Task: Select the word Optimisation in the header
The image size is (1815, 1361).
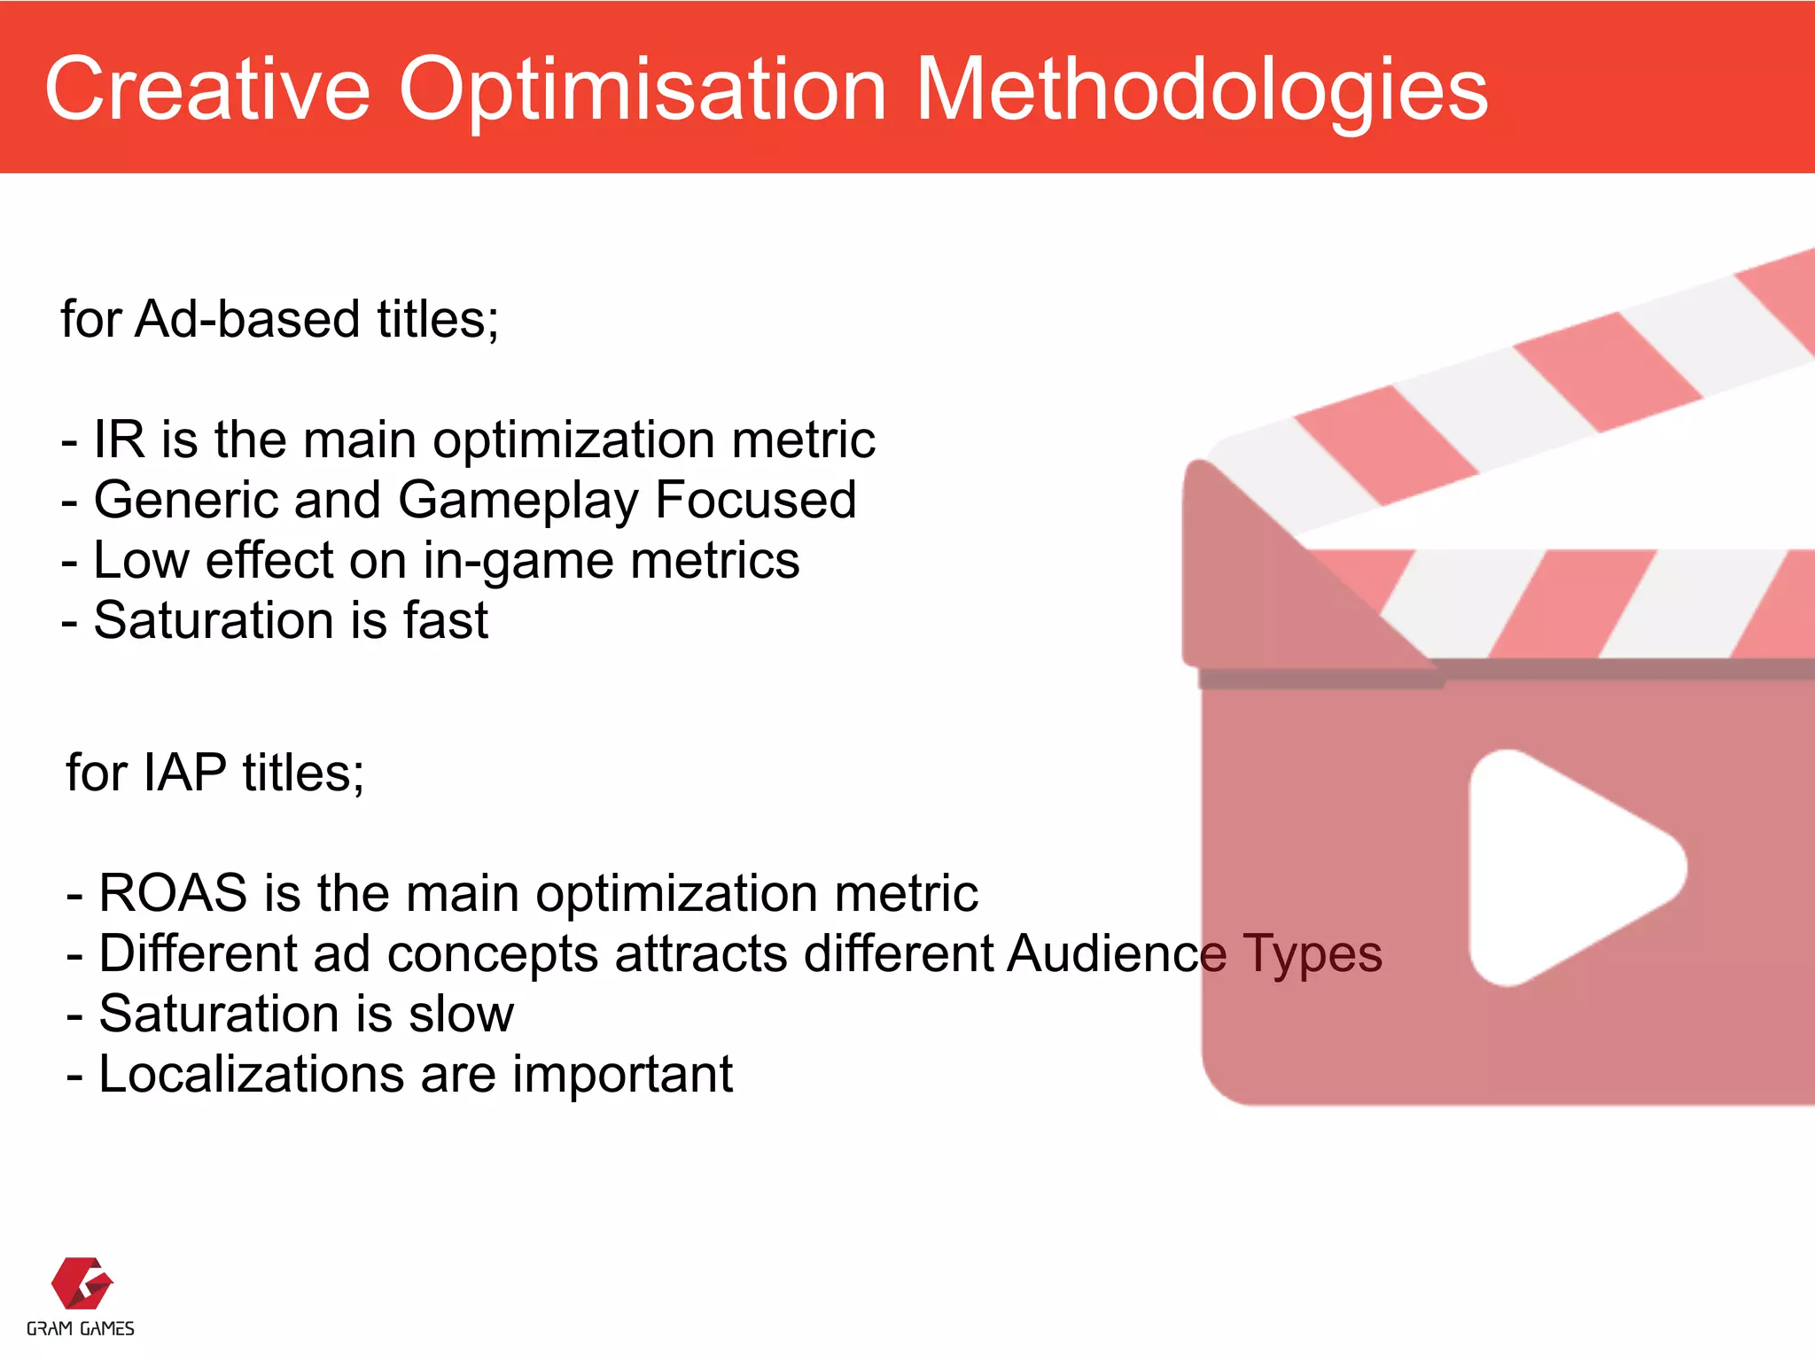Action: [x=643, y=90]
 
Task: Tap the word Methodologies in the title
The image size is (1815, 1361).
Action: [x=1201, y=90]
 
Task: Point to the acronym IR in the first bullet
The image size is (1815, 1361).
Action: [x=119, y=439]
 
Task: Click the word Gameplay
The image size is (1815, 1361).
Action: [x=518, y=502]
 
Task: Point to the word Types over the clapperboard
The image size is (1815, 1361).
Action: [x=1312, y=955]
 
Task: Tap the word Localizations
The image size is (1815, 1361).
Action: [x=251, y=1074]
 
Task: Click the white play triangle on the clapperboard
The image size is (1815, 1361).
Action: [x=1560, y=868]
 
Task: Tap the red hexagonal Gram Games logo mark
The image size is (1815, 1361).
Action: [x=82, y=1283]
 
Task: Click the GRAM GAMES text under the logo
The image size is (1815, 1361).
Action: [x=81, y=1329]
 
